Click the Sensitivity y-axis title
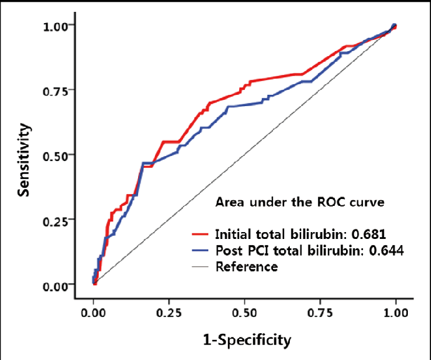click(x=24, y=159)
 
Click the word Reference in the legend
click(x=246, y=267)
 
